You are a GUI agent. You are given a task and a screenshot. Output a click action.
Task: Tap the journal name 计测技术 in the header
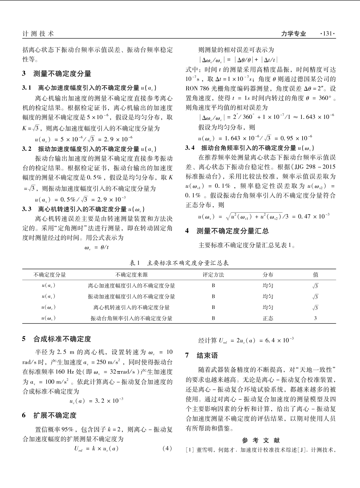click(x=38, y=34)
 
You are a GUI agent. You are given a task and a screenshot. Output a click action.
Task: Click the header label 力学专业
click(x=293, y=34)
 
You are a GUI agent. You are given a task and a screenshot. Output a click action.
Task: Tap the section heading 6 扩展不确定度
click(x=49, y=415)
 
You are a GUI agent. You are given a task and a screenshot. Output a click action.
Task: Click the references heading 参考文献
click(x=261, y=440)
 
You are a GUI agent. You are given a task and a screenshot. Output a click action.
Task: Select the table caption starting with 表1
click(x=179, y=263)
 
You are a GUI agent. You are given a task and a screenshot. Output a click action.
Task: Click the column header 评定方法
click(x=213, y=275)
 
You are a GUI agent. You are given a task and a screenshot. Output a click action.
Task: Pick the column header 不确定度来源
click(x=131, y=275)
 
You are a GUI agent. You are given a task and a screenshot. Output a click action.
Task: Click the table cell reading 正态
click(x=268, y=318)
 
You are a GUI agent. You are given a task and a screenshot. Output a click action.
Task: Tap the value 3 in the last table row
click(x=315, y=318)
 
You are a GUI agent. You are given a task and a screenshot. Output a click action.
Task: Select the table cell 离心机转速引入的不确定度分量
click(x=131, y=307)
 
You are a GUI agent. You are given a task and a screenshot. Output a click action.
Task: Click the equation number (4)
click(x=167, y=448)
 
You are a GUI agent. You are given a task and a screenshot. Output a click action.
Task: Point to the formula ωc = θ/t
click(x=96, y=248)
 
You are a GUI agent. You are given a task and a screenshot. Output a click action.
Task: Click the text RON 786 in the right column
click(x=197, y=89)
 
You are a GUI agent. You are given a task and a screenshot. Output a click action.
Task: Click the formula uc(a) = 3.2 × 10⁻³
click(x=96, y=401)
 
